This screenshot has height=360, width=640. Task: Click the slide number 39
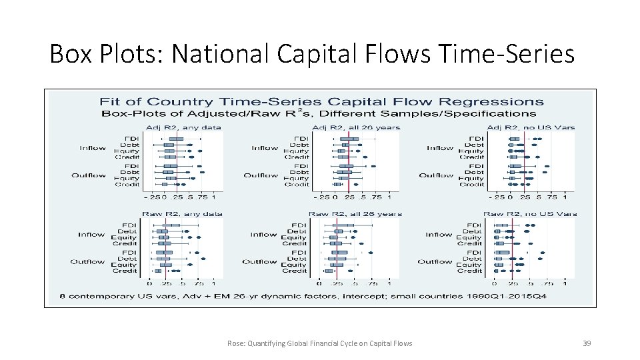[x=587, y=343]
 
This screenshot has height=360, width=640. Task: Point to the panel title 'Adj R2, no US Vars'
[x=531, y=127]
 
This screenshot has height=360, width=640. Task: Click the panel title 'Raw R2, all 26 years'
[x=355, y=214]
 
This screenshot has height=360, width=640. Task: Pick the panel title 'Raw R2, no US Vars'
[x=531, y=214]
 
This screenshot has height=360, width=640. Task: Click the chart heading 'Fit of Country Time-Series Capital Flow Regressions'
[x=321, y=102]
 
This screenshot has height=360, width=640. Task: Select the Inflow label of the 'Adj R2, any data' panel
[x=93, y=148]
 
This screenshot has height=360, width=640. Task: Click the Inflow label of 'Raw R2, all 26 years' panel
[x=263, y=235]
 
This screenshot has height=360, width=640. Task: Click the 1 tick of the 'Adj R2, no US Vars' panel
[x=565, y=197]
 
